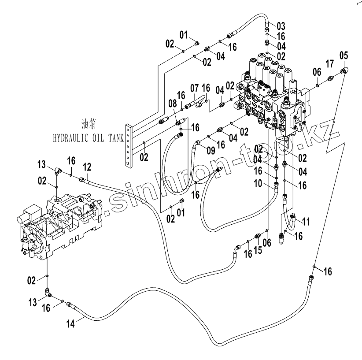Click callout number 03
coord(281,26)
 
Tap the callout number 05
coord(344,56)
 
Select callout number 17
coord(330,64)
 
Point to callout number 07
coord(194,89)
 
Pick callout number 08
coord(173,104)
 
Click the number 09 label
coord(211,151)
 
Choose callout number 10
coord(258,184)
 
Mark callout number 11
coord(306,222)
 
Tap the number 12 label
coord(87,167)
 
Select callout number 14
coord(70,324)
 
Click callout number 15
coord(258,250)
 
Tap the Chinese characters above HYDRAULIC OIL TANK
coord(89,124)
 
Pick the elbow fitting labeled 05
coord(345,70)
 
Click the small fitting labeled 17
coord(330,78)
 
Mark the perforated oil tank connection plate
coord(128,145)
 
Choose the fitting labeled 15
coord(258,236)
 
